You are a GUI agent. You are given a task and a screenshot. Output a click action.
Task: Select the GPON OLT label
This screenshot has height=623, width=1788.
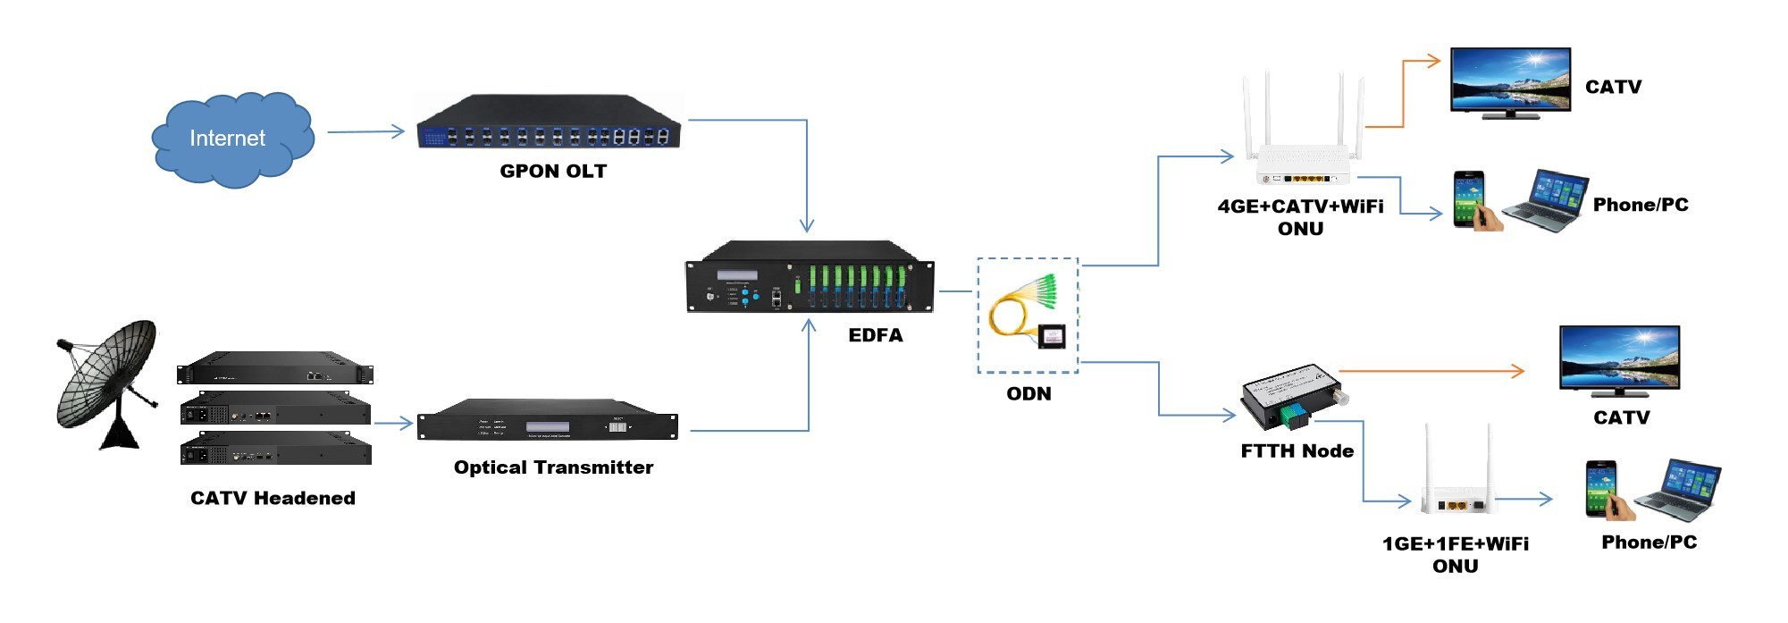(x=553, y=171)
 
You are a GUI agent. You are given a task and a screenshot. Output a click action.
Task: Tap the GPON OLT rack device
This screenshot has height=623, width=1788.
(x=549, y=123)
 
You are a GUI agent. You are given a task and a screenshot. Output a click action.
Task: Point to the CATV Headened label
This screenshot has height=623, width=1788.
(x=273, y=498)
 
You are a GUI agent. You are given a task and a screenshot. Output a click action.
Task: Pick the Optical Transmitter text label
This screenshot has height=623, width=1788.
(x=553, y=467)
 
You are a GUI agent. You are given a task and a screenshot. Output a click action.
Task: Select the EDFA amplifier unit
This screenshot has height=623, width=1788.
(x=810, y=278)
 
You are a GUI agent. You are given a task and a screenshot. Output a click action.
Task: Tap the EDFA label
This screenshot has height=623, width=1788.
(x=875, y=335)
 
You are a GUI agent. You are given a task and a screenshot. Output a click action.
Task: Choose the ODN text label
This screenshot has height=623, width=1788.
(x=1028, y=393)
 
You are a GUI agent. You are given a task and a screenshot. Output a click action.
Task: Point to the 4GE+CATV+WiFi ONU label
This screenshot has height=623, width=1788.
(x=1300, y=217)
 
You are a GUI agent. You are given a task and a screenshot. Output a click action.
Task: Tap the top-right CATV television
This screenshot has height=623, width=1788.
(x=1510, y=82)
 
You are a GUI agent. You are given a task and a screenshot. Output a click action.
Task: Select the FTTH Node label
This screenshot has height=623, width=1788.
(x=1297, y=451)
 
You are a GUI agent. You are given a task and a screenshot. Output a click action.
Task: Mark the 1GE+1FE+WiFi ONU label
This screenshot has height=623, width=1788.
(x=1455, y=554)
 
